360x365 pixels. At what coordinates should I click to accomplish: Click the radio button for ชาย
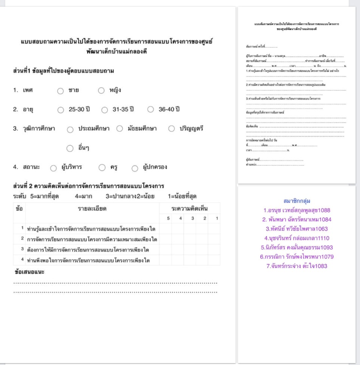point(61,91)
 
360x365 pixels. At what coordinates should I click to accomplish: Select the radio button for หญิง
point(101,91)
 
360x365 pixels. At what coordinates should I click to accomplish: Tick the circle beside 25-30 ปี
point(61,110)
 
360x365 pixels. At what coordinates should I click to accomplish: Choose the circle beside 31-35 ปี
point(105,110)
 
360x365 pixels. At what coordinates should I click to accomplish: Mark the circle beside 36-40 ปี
point(151,110)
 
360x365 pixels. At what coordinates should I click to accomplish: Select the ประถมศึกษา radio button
point(70,129)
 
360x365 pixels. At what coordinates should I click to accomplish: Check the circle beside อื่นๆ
point(70,148)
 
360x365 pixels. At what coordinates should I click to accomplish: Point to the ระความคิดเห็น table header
point(189,209)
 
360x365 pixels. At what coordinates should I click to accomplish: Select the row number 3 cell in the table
point(22,249)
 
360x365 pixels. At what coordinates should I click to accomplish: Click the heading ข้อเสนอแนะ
point(29,272)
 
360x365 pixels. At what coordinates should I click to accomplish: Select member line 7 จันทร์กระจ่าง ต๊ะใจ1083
point(297,266)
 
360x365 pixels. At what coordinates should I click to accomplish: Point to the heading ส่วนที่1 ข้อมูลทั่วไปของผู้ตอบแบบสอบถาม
point(64,71)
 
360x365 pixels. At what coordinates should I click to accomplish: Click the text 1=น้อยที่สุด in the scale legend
point(182,196)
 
